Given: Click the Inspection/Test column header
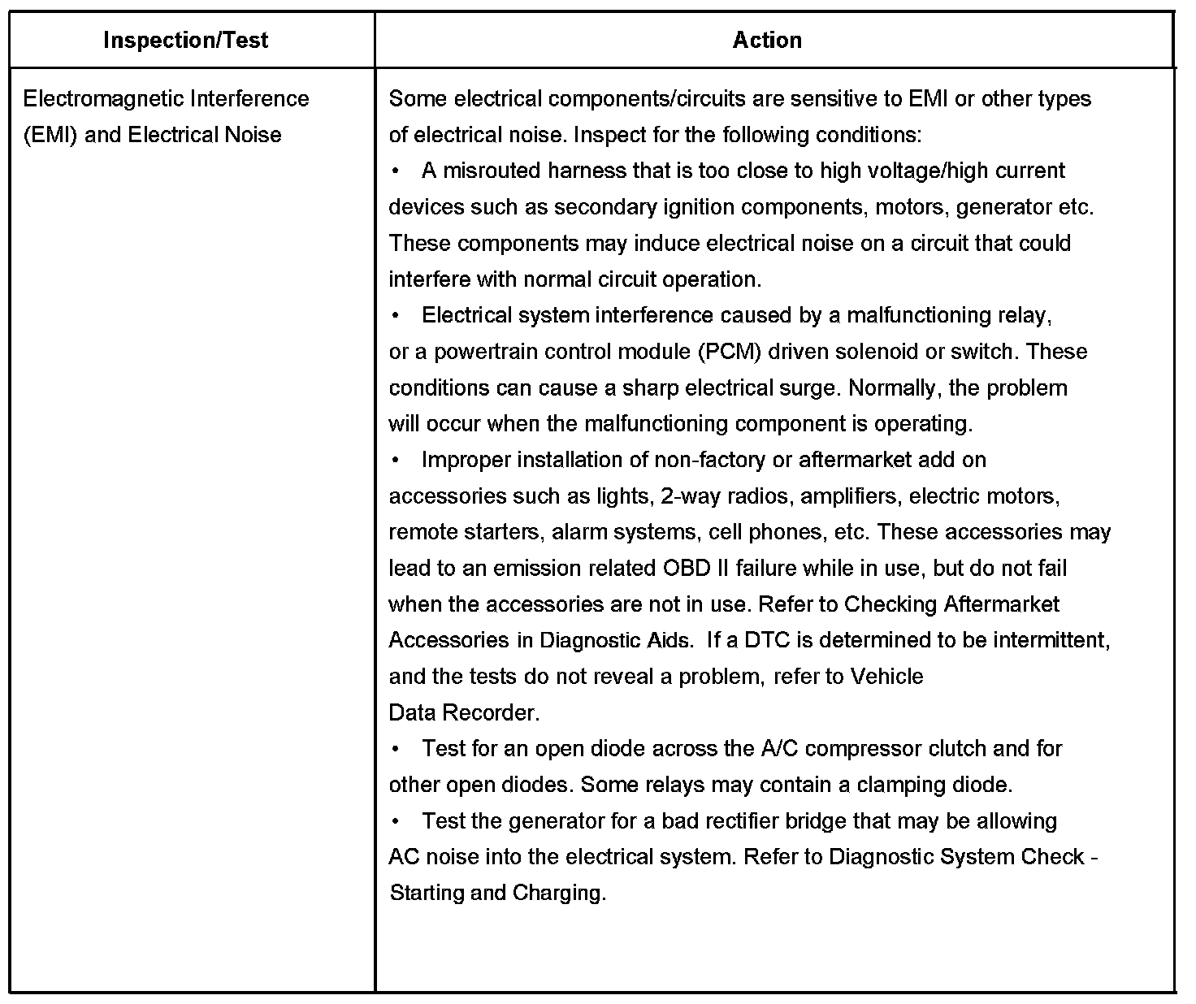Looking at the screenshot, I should tap(185, 40).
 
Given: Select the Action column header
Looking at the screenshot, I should tap(766, 40).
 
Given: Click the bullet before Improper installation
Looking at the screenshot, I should tap(395, 461).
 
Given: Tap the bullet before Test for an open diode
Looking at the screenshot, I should tap(395, 749).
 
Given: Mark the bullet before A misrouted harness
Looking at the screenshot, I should tap(395, 171).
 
